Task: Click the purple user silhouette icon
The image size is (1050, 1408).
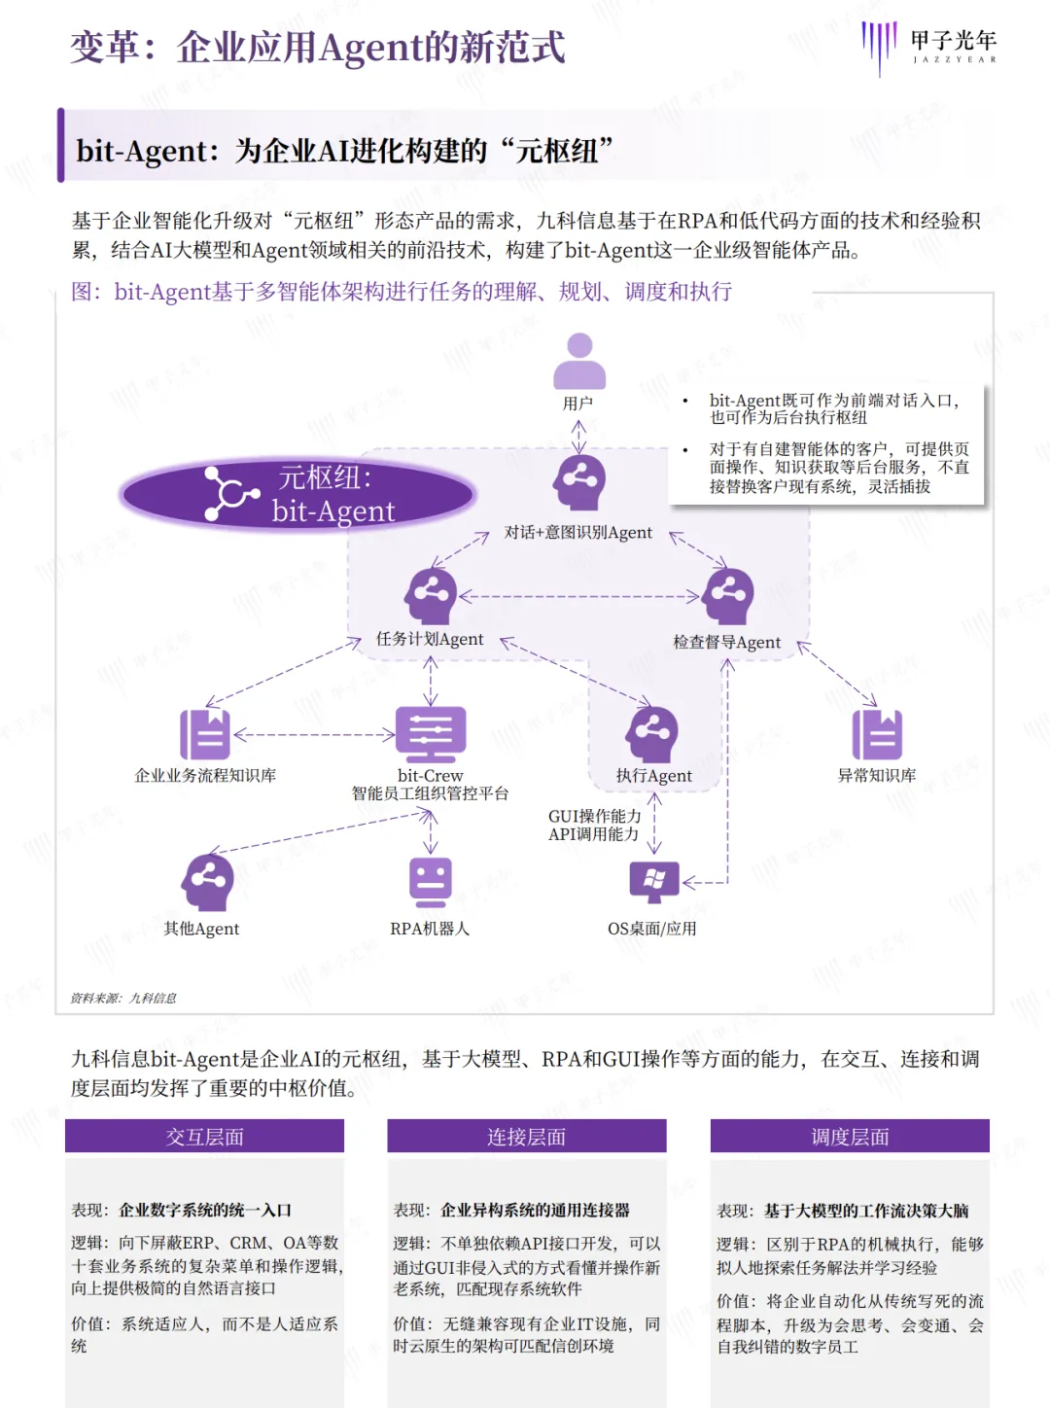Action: [x=579, y=361]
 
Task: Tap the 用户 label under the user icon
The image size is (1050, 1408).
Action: [x=577, y=403]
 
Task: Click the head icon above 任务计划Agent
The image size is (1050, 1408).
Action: [x=431, y=594]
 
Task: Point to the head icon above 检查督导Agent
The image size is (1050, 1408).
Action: [x=728, y=595]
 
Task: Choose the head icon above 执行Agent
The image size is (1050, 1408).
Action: [x=652, y=733]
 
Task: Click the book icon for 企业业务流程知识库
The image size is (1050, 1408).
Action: [x=205, y=734]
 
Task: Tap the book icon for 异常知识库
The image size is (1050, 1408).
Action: [x=877, y=734]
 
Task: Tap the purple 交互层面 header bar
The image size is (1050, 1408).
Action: [x=204, y=1137]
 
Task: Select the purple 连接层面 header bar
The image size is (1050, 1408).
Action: [x=526, y=1137]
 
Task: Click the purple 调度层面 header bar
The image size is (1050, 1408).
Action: [x=850, y=1137]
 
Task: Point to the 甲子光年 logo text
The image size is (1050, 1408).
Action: [x=953, y=41]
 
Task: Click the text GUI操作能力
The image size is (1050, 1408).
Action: [x=594, y=816]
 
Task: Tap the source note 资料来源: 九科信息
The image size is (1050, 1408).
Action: [x=123, y=998]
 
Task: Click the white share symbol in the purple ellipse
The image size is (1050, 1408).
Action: [x=230, y=494]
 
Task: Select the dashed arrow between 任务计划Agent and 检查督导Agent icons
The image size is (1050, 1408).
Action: [x=579, y=596]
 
